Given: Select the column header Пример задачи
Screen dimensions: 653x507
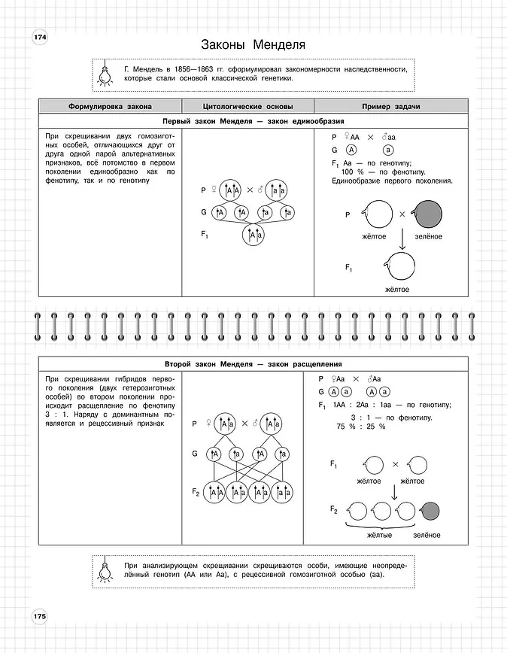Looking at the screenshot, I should (390, 107).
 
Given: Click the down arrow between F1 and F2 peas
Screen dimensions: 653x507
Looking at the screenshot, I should (394, 491).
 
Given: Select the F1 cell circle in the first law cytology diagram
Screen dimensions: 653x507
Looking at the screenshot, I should (253, 235).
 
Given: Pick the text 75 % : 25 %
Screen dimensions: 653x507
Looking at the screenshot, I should (360, 427).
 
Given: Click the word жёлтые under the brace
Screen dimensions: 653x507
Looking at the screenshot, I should (380, 535).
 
